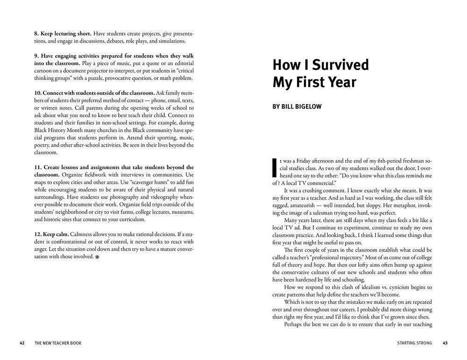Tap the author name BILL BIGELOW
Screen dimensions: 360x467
coord(297,106)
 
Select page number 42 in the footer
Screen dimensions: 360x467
coord(22,343)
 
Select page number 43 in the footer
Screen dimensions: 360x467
coord(445,343)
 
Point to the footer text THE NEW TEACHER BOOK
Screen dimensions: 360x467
coord(58,343)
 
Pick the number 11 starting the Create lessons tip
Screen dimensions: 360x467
coord(37,167)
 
